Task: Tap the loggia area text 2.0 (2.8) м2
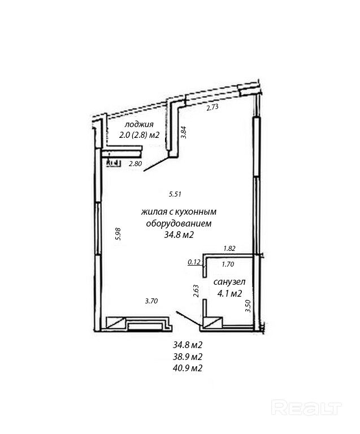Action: [139, 135]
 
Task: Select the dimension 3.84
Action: [183, 132]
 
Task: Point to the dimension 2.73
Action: [212, 107]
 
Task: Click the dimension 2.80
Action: [135, 164]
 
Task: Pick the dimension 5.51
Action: [175, 194]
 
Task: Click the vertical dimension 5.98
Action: [118, 234]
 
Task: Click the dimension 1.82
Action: [229, 248]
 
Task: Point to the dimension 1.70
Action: [228, 263]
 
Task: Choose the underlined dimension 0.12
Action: [194, 262]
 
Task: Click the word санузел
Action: [228, 281]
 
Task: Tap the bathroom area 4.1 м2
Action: [229, 293]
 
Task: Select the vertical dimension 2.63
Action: [196, 290]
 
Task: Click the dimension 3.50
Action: [247, 306]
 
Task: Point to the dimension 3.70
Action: [151, 301]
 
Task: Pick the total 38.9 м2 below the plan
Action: [188, 357]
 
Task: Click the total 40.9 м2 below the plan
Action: [188, 368]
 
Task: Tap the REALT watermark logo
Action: [307, 406]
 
